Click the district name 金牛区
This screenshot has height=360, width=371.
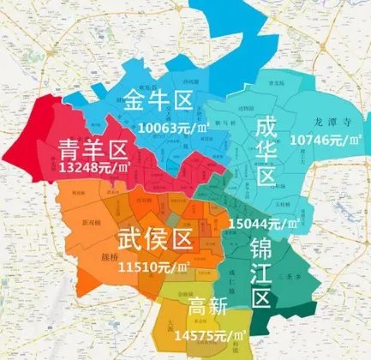157,104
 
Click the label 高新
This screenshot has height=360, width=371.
207,304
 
